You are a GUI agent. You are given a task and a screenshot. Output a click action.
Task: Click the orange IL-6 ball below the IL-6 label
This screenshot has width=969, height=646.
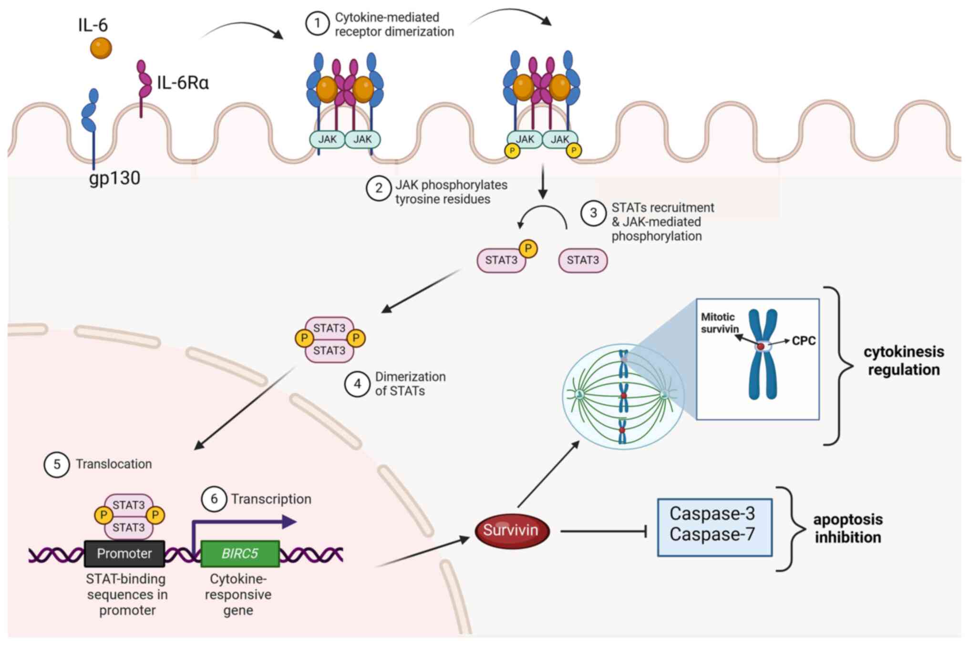(101, 48)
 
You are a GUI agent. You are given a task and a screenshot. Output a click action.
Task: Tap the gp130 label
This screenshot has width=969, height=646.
(114, 178)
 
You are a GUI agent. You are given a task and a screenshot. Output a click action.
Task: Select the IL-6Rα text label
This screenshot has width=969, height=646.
(183, 83)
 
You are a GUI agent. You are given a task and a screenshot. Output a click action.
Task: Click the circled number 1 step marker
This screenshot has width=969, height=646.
(317, 24)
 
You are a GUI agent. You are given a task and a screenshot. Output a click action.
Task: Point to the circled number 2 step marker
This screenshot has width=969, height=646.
(378, 188)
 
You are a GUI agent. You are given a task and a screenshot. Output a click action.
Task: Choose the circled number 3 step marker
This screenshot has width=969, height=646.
(593, 213)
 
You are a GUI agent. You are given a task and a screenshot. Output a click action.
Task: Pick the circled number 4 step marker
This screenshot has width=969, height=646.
(357, 384)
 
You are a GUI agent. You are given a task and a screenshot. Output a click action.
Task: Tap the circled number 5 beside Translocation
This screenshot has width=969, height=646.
(57, 464)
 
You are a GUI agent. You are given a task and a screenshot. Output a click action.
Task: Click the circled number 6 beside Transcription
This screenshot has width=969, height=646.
(214, 499)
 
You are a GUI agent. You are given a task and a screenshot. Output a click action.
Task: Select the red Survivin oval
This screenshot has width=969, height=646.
(512, 531)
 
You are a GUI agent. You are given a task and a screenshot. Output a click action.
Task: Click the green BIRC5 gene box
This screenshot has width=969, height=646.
(240, 554)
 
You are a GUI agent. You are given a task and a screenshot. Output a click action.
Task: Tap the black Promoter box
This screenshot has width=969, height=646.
(124, 554)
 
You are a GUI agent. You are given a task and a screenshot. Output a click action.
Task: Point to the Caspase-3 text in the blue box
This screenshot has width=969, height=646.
(712, 513)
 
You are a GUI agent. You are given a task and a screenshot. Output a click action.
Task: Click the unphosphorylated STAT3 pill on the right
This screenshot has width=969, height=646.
(583, 260)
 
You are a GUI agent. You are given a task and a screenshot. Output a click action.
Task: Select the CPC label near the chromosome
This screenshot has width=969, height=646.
(804, 341)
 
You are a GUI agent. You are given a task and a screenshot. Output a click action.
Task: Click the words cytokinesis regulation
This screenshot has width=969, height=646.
(904, 360)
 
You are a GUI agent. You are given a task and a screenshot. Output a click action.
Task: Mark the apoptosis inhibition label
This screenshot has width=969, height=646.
(848, 528)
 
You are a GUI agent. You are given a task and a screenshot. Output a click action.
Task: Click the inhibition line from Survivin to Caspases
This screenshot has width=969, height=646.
(603, 531)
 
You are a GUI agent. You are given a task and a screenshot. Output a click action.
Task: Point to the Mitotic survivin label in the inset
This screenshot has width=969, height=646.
(719, 323)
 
